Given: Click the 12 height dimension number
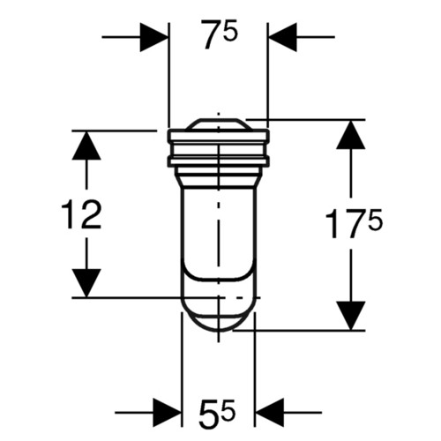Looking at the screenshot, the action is click(81, 214).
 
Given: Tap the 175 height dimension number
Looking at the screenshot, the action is click(354, 223).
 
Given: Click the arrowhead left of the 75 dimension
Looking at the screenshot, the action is click(154, 37).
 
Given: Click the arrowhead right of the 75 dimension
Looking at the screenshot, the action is click(283, 37).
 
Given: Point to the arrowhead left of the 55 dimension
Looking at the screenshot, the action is click(167, 413).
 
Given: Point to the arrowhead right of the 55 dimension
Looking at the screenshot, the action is click(270, 413).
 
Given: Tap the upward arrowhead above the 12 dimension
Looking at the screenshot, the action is click(86, 146).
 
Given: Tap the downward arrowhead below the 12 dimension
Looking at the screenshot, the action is click(86, 283).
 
